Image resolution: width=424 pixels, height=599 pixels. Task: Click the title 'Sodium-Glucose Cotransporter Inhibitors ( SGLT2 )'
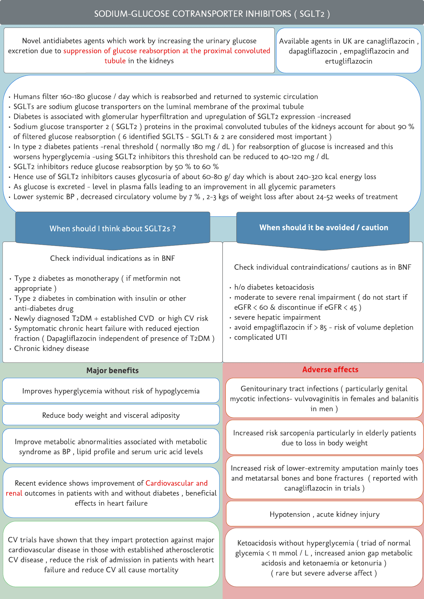(x=212, y=14)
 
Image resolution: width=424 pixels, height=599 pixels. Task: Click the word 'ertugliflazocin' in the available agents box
(x=349, y=61)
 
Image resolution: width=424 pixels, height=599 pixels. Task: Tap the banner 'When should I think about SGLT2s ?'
(x=113, y=228)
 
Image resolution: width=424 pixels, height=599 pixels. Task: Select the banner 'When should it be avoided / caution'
(x=324, y=227)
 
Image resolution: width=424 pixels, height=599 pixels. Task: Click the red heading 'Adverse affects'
(x=330, y=369)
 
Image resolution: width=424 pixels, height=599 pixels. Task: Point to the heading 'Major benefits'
(x=112, y=370)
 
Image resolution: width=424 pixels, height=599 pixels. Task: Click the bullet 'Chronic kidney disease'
(x=51, y=349)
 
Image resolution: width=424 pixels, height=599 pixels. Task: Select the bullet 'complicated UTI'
(x=260, y=337)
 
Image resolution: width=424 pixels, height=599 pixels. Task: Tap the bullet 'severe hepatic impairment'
(x=277, y=317)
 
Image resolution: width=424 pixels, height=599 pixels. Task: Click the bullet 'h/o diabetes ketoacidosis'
(x=274, y=287)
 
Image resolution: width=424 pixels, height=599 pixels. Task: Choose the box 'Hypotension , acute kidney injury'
(x=324, y=514)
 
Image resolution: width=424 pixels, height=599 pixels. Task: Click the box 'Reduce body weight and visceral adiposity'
(x=111, y=415)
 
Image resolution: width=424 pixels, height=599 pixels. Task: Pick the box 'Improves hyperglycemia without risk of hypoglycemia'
(x=111, y=391)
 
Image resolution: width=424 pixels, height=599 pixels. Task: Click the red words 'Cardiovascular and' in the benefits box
(x=176, y=483)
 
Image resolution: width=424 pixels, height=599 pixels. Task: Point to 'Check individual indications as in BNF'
(x=112, y=258)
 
